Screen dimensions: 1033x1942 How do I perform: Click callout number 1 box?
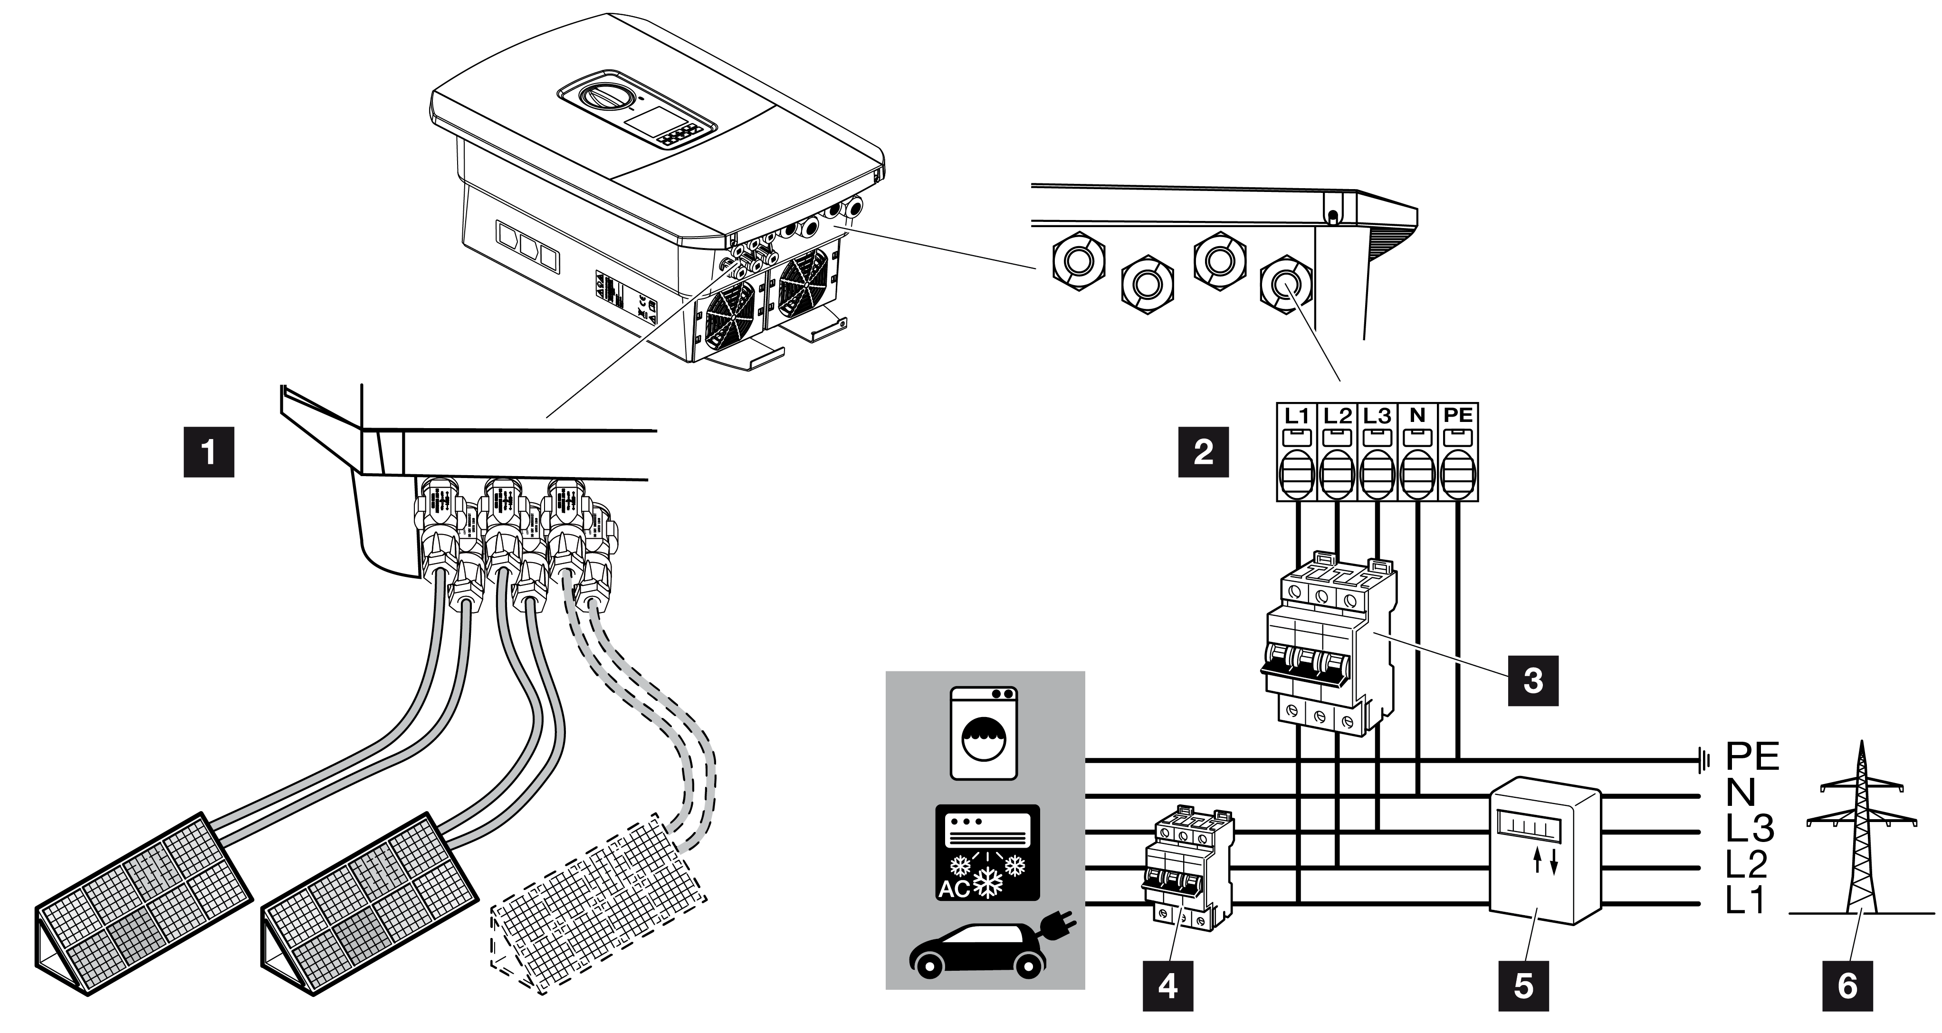tap(209, 452)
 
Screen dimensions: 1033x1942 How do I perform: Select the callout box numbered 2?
tap(1203, 452)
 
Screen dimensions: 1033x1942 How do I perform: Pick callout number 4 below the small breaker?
tap(1168, 985)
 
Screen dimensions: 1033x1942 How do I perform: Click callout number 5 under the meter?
tap(1523, 985)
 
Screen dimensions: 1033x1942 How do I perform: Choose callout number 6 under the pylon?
tap(1847, 985)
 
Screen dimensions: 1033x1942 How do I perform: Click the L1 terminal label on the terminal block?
tap(1296, 415)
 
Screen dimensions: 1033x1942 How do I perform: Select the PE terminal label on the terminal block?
tap(1458, 415)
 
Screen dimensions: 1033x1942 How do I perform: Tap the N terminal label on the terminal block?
tap(1417, 415)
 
